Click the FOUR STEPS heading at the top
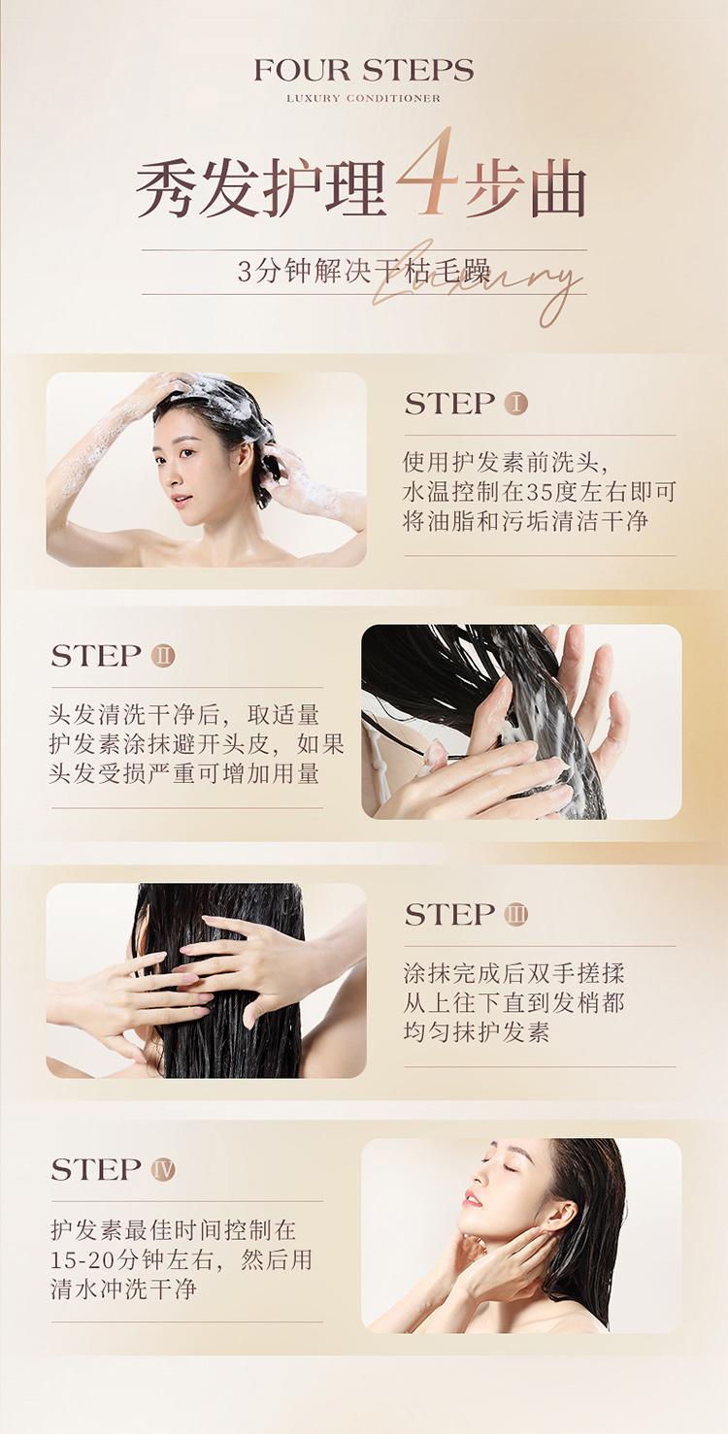click(364, 70)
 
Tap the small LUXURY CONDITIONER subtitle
click(364, 99)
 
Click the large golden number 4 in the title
click(427, 172)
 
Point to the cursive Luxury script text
click(477, 281)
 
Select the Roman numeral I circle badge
click(516, 404)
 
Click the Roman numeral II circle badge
click(163, 656)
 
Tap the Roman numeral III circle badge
click(516, 914)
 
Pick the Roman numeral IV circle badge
click(163, 1169)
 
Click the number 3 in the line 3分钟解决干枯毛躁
click(245, 272)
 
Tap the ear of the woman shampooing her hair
click(246, 457)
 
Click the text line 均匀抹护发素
click(477, 1031)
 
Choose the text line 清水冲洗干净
click(123, 1288)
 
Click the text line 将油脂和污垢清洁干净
click(526, 521)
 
